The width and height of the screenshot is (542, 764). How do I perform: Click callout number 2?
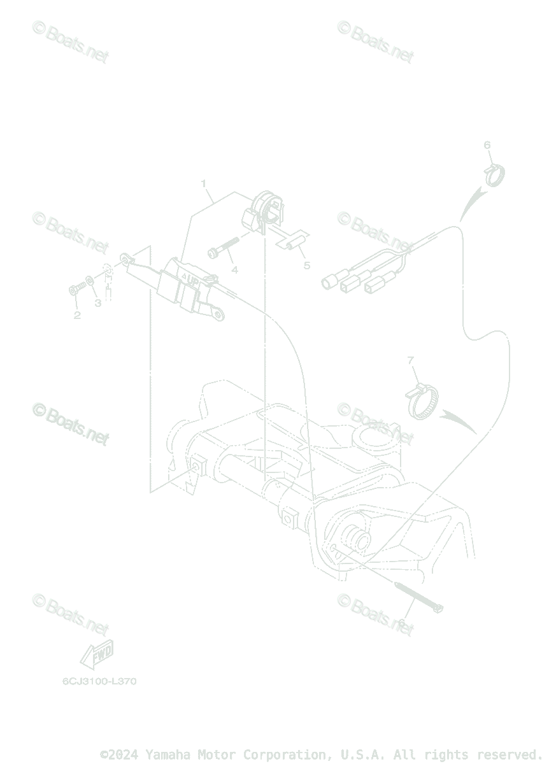[x=77, y=315]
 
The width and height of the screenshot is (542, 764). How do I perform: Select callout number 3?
[x=98, y=303]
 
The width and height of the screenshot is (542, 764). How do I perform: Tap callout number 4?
[x=234, y=270]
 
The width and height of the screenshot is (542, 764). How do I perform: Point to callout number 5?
[x=306, y=265]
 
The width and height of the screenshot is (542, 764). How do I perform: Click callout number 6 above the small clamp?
[x=487, y=145]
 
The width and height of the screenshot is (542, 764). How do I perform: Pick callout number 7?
[x=411, y=361]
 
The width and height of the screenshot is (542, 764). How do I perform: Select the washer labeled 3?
[x=89, y=280]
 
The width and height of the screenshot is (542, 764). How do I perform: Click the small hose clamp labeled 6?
[x=495, y=174]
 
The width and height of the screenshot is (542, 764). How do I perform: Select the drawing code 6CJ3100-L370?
[x=99, y=681]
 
